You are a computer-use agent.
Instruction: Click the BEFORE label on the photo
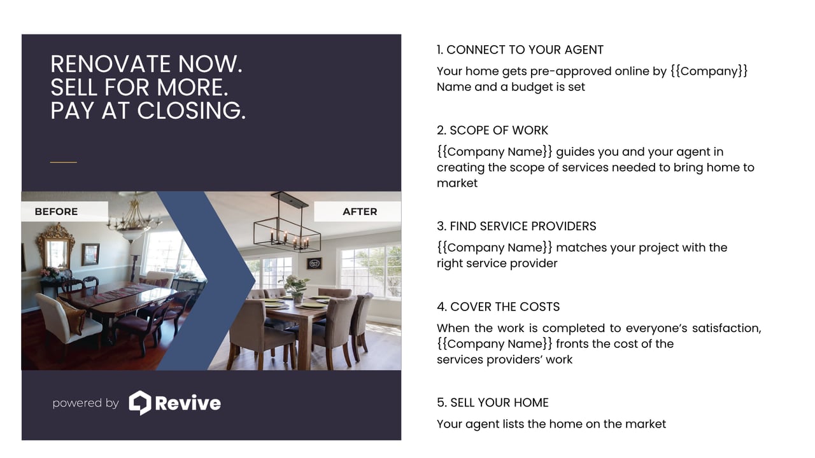(x=56, y=212)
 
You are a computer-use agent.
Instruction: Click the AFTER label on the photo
(x=360, y=212)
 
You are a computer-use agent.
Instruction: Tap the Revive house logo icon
(x=140, y=403)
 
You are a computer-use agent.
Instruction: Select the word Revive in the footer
(x=188, y=403)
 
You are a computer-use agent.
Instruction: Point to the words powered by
(x=86, y=403)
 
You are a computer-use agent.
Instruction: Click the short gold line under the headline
(x=63, y=162)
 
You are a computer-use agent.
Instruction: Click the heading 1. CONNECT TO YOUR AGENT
(x=520, y=50)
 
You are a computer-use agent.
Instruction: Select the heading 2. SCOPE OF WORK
(x=492, y=130)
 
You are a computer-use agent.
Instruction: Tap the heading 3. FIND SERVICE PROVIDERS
(x=516, y=226)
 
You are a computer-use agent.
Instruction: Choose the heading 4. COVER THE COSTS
(x=498, y=307)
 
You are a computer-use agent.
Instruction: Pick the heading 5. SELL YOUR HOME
(x=493, y=403)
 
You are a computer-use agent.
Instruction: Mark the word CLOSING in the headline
(x=192, y=111)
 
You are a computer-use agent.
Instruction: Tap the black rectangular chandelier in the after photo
(x=287, y=225)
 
